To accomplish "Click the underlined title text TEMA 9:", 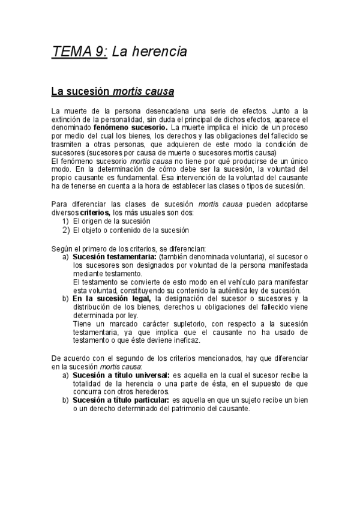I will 80,52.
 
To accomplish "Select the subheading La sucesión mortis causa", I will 112,92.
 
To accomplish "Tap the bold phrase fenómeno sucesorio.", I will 131,128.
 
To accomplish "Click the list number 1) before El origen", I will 67,221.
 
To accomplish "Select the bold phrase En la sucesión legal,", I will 112,298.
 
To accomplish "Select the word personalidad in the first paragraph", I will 115,119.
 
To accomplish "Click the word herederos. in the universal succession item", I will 152,391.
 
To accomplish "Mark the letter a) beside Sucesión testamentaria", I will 65,256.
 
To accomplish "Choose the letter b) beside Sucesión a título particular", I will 65,400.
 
